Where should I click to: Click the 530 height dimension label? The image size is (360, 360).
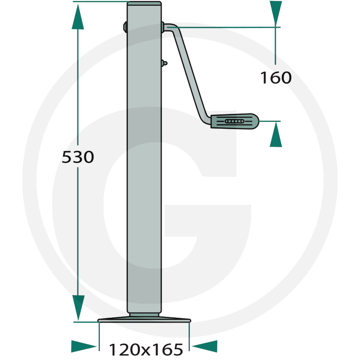[x=78, y=157]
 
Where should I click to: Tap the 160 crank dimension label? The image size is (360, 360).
[x=276, y=77]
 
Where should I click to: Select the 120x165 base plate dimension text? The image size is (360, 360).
[x=146, y=350]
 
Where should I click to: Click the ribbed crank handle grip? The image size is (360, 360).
[x=234, y=121]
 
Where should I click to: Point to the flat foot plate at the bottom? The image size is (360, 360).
[x=144, y=319]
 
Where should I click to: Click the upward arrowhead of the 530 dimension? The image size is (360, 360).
[x=78, y=17]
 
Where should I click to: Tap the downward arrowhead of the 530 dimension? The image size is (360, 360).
[x=78, y=308]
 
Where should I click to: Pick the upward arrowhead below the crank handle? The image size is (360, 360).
[x=276, y=134]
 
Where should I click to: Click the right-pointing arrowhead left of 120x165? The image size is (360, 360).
[x=84, y=346]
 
